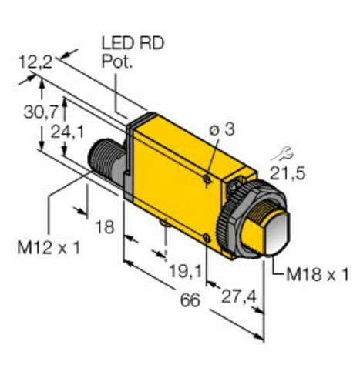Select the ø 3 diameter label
[x=223, y=130]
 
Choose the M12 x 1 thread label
[x=49, y=247]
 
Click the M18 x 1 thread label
[x=317, y=274]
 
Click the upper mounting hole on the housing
[x=207, y=179]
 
